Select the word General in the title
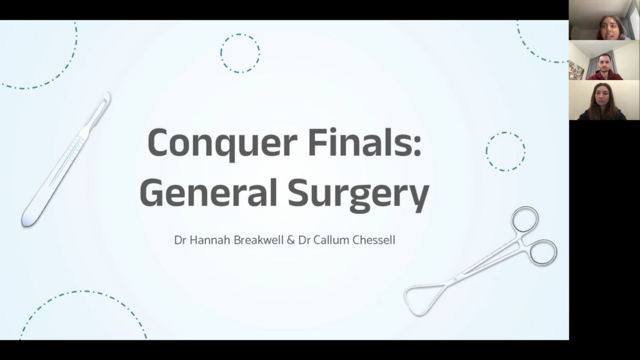[209, 192]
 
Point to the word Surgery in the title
[358, 195]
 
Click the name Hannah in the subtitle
[210, 240]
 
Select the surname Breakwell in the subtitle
[259, 240]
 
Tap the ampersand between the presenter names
[291, 240]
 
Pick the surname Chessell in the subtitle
[374, 240]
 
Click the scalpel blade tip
[108, 93]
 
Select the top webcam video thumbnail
[604, 20]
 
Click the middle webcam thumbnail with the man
[604, 60]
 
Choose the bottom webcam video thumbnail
[604, 100]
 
